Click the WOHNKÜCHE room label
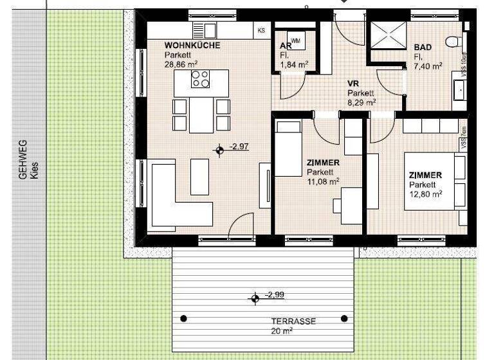pyautogui.click(x=192, y=46)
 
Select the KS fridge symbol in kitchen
pyautogui.click(x=261, y=30)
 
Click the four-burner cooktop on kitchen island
pyautogui.click(x=201, y=79)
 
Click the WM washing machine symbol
pyautogui.click(x=296, y=40)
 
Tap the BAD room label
pyautogui.click(x=423, y=48)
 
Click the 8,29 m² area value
pyautogui.click(x=361, y=102)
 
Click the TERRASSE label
pyautogui.click(x=293, y=321)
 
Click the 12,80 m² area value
pyautogui.click(x=426, y=194)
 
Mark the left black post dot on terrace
pyautogui.click(x=184, y=318)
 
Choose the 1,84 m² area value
pyautogui.click(x=294, y=64)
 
